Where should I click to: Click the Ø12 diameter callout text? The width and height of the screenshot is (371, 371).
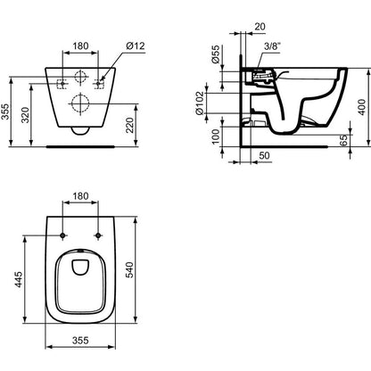point(136,46)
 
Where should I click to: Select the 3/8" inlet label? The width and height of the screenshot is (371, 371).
point(272,46)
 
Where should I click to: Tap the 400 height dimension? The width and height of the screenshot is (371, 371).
point(362,107)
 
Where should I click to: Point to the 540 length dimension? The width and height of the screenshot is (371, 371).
point(130,269)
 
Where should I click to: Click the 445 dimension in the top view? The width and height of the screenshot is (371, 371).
point(19,279)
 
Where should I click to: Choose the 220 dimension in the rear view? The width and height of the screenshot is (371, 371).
point(130,126)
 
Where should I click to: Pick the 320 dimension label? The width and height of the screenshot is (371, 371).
point(26,115)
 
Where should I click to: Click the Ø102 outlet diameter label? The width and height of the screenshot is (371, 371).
point(199,103)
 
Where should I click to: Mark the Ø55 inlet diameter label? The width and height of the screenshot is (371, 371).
point(215,54)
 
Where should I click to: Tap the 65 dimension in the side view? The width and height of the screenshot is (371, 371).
point(343,140)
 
